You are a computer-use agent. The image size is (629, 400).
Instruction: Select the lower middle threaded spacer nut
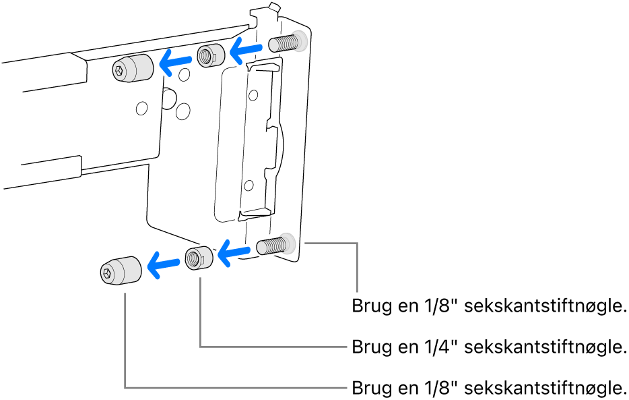(x=199, y=257)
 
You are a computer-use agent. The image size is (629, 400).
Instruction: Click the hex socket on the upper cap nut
(x=120, y=69)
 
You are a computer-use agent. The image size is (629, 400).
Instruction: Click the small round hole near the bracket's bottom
(x=250, y=184)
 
